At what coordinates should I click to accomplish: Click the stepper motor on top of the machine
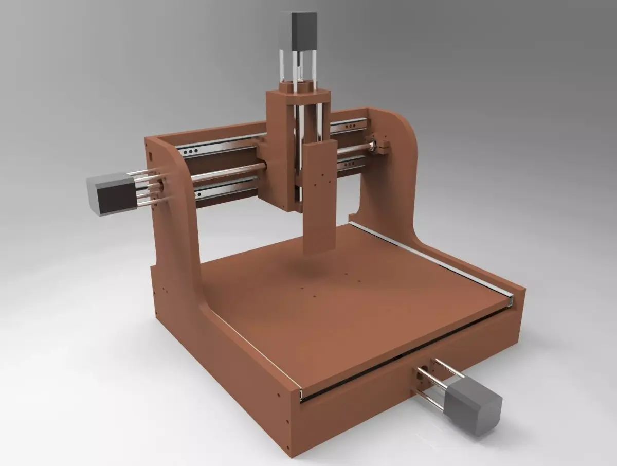pos(303,30)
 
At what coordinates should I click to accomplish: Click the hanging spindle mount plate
pos(320,198)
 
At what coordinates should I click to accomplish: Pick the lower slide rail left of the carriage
pos(226,187)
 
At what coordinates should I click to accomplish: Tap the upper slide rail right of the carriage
pos(349,125)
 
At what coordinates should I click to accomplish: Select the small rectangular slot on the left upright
pos(150,154)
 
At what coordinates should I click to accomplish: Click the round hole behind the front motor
pos(423,370)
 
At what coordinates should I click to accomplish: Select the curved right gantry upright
pos(393,170)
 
